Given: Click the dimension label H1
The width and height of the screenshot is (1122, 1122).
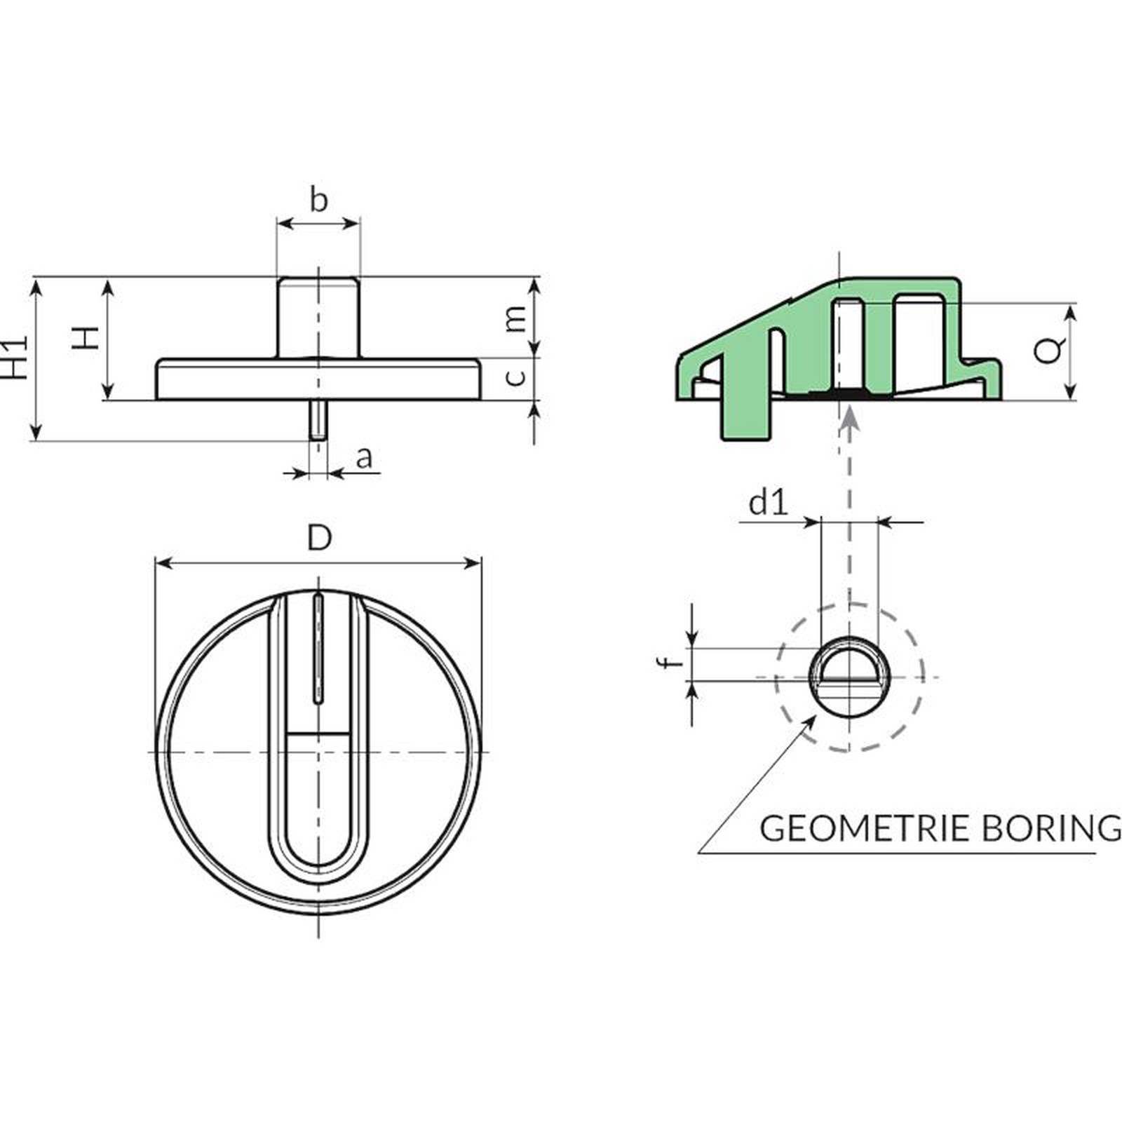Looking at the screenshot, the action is [x=15, y=357].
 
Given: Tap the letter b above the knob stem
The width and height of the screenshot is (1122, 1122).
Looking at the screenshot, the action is [x=318, y=200].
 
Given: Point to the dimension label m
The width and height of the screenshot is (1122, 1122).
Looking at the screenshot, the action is [x=515, y=319].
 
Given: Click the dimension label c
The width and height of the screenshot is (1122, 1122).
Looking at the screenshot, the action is [x=515, y=377].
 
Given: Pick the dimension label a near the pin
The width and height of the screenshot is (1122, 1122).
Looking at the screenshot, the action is [x=364, y=458].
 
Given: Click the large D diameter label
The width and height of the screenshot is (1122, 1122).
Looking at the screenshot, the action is [x=319, y=539].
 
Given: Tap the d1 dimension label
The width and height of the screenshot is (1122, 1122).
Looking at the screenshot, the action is [x=769, y=502].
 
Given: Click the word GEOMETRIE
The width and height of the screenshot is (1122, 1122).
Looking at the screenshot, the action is [x=865, y=828].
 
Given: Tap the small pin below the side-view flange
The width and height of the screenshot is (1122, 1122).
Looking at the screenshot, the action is [x=318, y=420].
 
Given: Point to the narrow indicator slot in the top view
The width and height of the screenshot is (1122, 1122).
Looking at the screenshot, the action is [x=319, y=647].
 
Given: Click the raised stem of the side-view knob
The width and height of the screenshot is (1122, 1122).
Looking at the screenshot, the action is [x=318, y=317].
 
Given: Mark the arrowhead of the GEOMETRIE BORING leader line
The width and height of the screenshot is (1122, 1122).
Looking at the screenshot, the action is [x=810, y=722].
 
